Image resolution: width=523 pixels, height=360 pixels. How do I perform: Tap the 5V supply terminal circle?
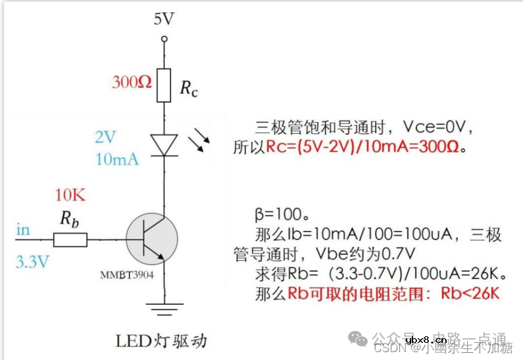[164, 39]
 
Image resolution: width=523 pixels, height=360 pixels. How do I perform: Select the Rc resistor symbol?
[164, 85]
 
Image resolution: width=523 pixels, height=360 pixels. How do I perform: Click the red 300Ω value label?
[132, 82]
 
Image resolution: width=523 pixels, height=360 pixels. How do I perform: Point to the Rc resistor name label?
[189, 88]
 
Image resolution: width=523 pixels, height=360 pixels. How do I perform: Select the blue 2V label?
[105, 137]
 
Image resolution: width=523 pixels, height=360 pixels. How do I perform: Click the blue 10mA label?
[117, 159]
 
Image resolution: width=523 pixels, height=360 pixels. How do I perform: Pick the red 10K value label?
[70, 195]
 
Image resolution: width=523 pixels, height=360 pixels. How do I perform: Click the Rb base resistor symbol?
[70, 239]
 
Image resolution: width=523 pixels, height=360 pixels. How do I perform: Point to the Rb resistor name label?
[70, 219]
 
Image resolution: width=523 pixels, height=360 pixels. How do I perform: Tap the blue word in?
[23, 230]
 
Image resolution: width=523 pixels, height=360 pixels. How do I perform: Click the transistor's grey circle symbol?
[153, 239]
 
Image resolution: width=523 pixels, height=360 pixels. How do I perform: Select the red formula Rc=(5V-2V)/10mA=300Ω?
[366, 147]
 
